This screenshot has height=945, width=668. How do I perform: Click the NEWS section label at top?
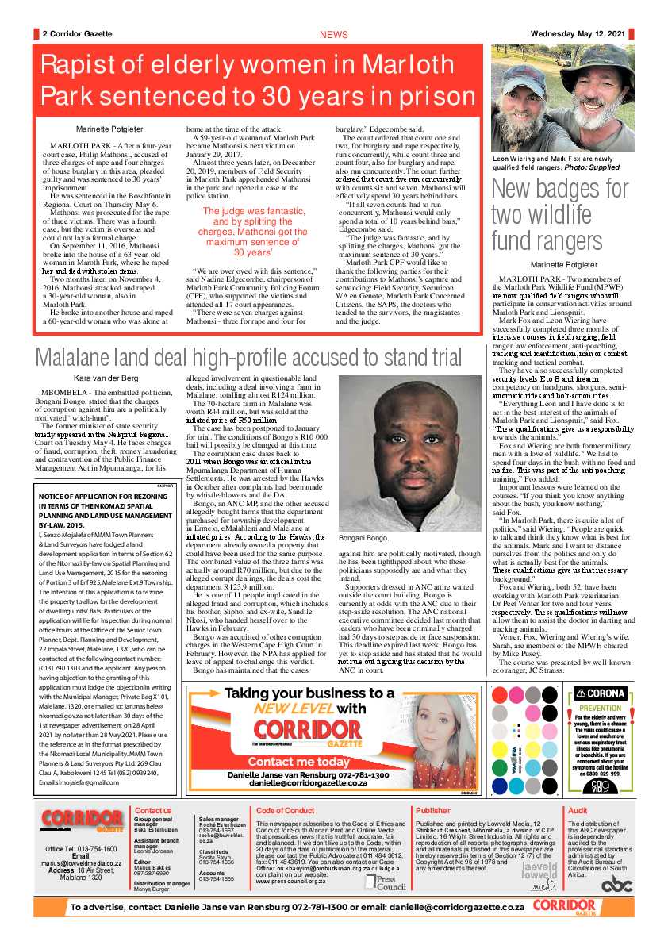[x=333, y=35]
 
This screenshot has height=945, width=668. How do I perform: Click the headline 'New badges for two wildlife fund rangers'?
[x=559, y=214]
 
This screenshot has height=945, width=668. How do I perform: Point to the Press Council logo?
[x=387, y=881]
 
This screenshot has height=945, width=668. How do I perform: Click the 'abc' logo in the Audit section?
[x=616, y=884]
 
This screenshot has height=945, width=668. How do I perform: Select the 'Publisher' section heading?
[x=432, y=810]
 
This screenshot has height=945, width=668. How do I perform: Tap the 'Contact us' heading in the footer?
[x=153, y=810]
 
